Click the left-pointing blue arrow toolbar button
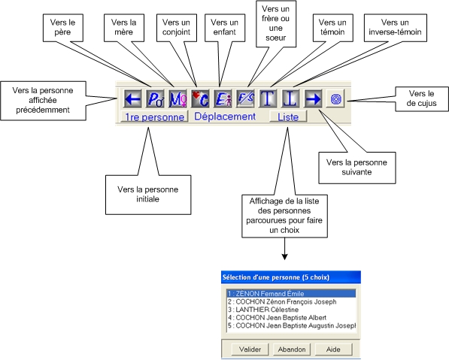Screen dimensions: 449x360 pos(133,98)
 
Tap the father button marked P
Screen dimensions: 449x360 pos(155,98)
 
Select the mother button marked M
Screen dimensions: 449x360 pos(177,98)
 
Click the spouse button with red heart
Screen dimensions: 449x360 pos(200,98)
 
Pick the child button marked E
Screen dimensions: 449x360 pos(223,98)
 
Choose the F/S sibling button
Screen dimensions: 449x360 pos(245,98)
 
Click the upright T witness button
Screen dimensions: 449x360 pos(268,98)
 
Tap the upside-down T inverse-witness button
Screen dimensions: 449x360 pos(290,98)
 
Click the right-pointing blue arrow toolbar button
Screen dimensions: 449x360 pos(314,98)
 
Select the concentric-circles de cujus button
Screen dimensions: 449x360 pos(335,99)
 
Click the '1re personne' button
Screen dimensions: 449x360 pos(154,116)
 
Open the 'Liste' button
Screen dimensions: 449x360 pos(288,116)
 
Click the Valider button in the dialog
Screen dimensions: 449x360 pos(250,349)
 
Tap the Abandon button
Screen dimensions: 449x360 pos(292,349)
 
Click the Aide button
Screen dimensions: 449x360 pos(333,349)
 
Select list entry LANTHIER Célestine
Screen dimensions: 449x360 pos(263,310)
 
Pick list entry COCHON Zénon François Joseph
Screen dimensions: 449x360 pos(282,301)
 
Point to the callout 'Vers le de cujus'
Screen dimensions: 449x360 pos(421,98)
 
